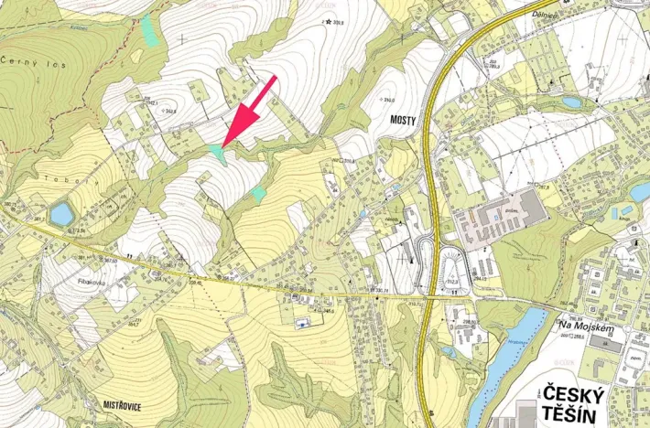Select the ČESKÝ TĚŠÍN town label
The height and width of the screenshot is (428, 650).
point(574,404)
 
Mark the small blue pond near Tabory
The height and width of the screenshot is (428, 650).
point(61,214)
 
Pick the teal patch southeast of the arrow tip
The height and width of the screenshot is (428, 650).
point(259,193)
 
